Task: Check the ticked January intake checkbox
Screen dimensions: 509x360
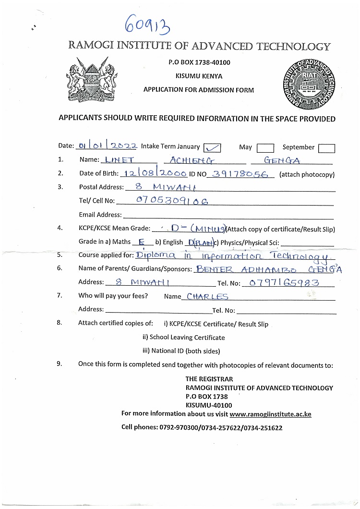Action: pyautogui.click(x=212, y=147)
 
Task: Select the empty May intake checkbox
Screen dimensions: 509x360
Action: pyautogui.click(x=265, y=148)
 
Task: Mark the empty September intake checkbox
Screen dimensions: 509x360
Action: pyautogui.click(x=327, y=148)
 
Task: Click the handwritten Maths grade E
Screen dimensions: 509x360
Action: pyautogui.click(x=142, y=242)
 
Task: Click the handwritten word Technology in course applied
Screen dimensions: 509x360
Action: pyautogui.click(x=300, y=256)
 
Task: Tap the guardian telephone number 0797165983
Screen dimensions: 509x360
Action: pyautogui.click(x=281, y=282)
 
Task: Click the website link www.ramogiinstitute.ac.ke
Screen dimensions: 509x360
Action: pyautogui.click(x=270, y=413)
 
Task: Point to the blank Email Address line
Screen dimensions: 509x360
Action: pyautogui.click(x=228, y=215)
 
